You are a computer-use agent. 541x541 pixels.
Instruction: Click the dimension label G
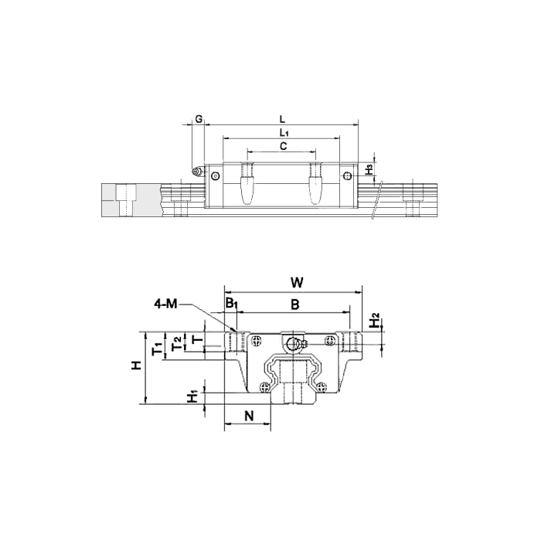199,119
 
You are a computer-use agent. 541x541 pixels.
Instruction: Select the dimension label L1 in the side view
284,132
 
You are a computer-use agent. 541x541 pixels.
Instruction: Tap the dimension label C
284,146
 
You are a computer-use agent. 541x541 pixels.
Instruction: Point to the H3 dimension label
369,169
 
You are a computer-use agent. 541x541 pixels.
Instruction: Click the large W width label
296,283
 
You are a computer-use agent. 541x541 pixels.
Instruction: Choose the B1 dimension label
232,303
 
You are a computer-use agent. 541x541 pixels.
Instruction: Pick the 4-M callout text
165,304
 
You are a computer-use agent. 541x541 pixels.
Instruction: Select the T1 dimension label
158,349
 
